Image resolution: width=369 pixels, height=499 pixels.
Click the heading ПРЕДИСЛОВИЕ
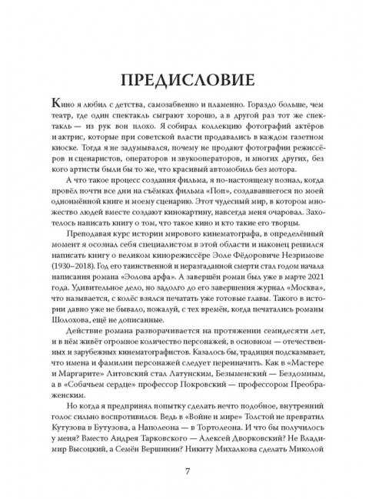(x=184, y=80)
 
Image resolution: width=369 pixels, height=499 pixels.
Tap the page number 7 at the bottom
(x=184, y=471)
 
